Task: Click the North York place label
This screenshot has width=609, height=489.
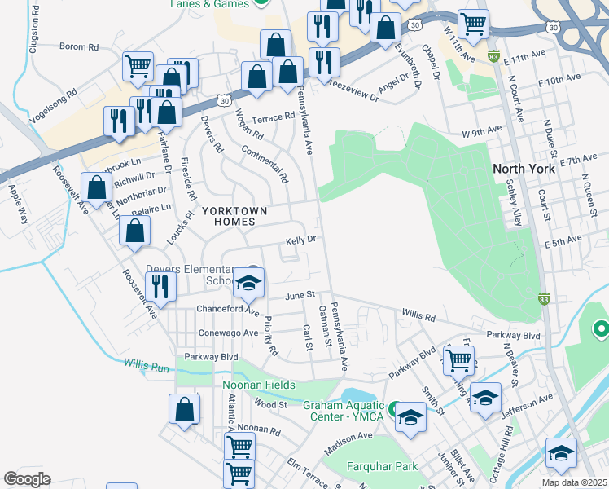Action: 524,169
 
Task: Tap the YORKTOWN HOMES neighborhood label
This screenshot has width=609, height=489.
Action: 235,215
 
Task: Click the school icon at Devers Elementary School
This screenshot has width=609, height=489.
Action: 248,283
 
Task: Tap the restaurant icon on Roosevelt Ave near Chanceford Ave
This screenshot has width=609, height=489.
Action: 160,286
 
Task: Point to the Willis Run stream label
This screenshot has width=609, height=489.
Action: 147,367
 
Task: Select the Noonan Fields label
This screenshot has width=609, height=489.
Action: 259,385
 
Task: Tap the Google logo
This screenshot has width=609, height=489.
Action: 27,478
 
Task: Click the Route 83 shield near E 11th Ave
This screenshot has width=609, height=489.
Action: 493,56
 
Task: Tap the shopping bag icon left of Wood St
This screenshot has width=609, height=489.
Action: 185,409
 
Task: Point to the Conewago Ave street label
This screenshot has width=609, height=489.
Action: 227,333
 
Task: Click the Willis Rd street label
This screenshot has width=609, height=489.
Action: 418,313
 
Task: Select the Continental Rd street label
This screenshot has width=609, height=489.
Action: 266,164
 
